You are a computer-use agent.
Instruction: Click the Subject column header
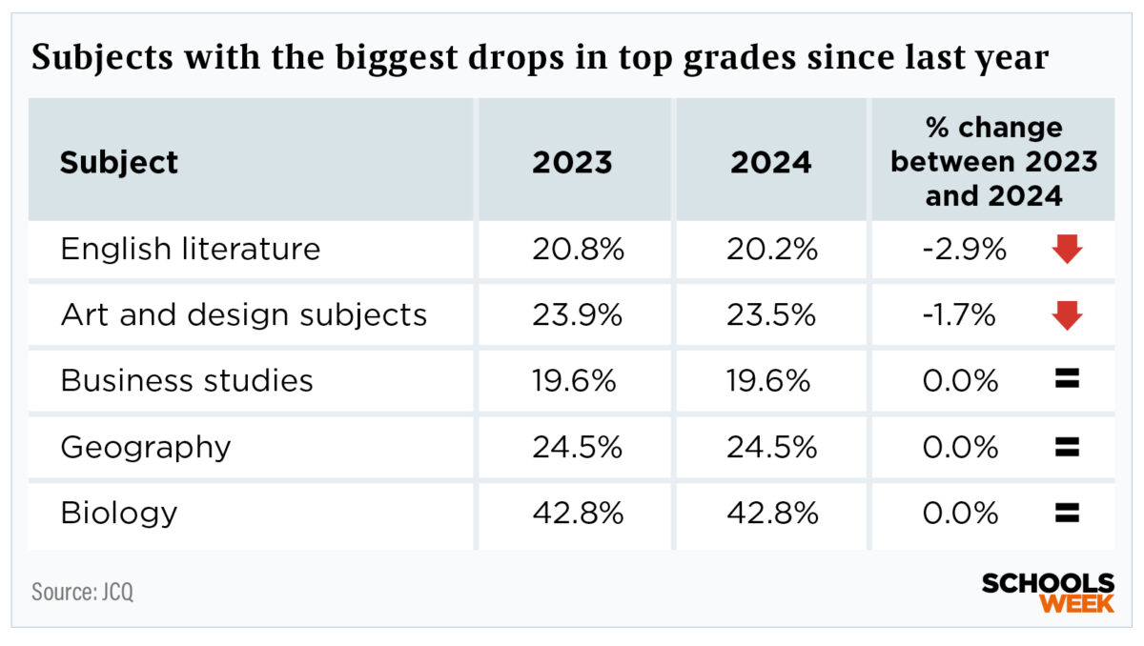[x=119, y=162]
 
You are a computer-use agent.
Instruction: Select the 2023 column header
[x=572, y=162]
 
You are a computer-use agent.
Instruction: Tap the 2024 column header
[x=770, y=162]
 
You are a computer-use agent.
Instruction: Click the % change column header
[x=993, y=161]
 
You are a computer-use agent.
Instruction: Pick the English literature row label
[x=191, y=250]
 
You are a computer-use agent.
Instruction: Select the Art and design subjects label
[x=244, y=314]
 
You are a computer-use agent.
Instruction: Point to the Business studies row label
[x=187, y=380]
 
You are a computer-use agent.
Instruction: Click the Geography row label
[x=146, y=447]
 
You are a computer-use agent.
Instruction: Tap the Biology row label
[x=119, y=513]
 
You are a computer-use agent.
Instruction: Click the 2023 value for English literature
[x=578, y=250]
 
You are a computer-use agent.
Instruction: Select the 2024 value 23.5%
[x=771, y=314]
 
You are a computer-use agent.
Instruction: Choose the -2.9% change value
[x=965, y=250]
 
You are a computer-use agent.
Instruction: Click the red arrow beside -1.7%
[x=1068, y=315]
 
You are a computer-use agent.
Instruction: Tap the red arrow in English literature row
[x=1068, y=250]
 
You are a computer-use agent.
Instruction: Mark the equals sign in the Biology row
[x=1067, y=513]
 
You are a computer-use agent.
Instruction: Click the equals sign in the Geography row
[x=1067, y=447]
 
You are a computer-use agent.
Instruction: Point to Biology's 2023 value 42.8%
[x=578, y=513]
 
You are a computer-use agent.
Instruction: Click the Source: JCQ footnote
[x=83, y=591]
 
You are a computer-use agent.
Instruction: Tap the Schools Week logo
[x=1048, y=593]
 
